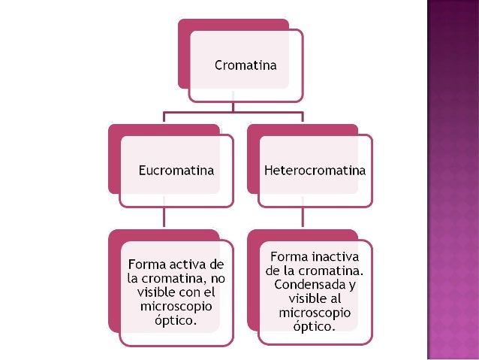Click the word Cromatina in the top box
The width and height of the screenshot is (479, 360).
[246, 65]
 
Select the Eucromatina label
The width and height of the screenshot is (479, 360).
[176, 170]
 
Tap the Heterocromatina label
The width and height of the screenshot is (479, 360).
[315, 170]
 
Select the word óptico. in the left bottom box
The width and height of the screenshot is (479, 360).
[176, 320]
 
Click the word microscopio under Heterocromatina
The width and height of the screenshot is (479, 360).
[315, 313]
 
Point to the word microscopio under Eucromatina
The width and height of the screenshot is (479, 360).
[176, 307]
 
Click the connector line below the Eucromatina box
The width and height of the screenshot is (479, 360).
[164, 218]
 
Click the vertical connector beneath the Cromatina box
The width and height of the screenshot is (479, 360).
[233, 107]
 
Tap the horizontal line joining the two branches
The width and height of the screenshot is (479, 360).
[233, 113]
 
